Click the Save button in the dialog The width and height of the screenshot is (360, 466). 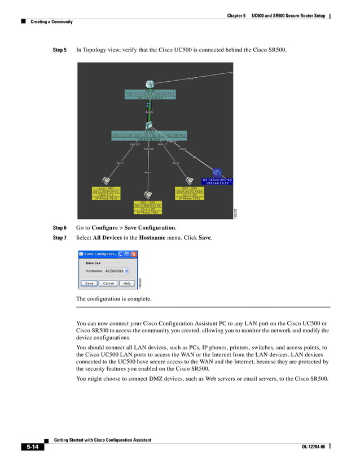tap(89, 283)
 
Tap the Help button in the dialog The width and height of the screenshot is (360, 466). tap(127, 283)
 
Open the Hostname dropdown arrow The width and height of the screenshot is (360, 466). tap(128, 271)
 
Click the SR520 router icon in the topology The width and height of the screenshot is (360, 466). tap(150, 84)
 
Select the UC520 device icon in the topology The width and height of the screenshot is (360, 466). tap(149, 125)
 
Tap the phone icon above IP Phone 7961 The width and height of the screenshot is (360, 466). tap(147, 194)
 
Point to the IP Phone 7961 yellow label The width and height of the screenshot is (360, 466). tap(147, 213)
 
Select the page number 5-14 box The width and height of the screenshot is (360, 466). tap(31, 447)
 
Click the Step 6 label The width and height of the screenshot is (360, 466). tap(60, 228)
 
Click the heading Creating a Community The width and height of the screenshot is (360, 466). tap(51, 22)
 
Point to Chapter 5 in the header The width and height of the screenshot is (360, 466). tap(236, 16)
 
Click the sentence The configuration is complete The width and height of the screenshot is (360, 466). tap(113, 298)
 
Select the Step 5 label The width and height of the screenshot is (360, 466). tap(60, 51)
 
